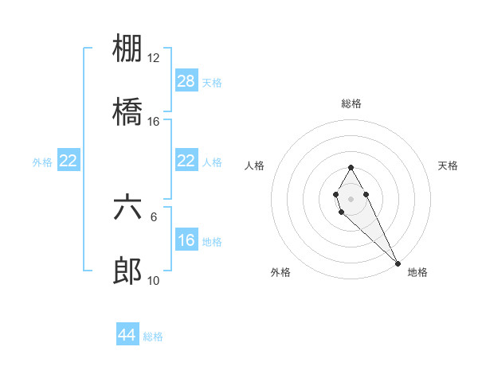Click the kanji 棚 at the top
tap(127, 49)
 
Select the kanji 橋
tap(127, 112)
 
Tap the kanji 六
tap(127, 208)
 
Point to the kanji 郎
tap(127, 271)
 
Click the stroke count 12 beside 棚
tap(154, 58)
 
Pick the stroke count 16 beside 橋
tap(154, 122)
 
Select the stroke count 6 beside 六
tap(154, 216)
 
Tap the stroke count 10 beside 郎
tap(154, 280)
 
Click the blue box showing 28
tap(186, 81)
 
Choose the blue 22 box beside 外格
tap(69, 161)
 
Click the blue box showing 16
tap(186, 240)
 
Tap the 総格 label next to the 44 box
tap(153, 337)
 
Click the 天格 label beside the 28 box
tap(211, 83)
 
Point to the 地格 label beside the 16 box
tap(212, 242)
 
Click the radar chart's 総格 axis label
tap(351, 103)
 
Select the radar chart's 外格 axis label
tap(280, 272)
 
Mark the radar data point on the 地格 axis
tap(398, 263)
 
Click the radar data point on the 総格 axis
tap(351, 167)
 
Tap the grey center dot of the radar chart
tap(351, 198)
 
